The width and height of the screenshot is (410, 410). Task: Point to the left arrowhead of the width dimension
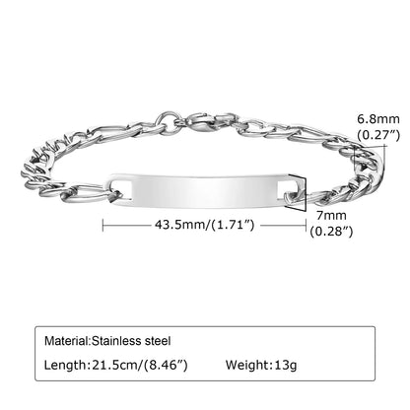pos(105,226)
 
